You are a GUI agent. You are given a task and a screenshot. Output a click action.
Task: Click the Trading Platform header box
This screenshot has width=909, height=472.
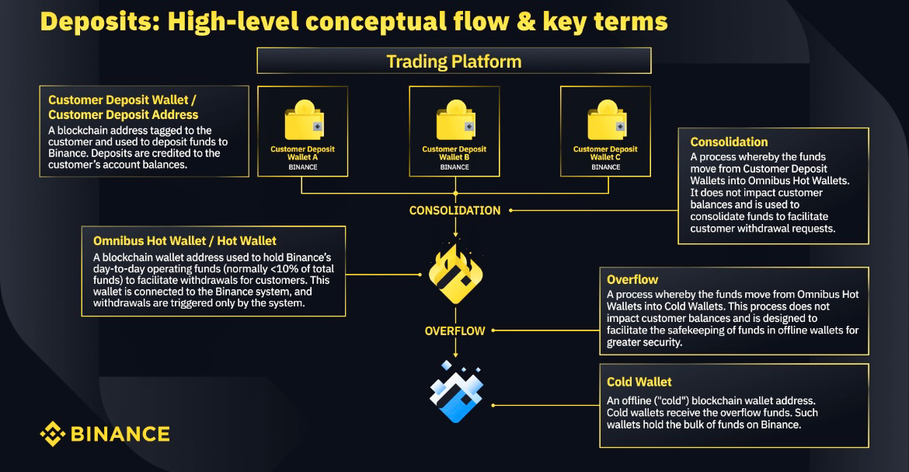click(454, 61)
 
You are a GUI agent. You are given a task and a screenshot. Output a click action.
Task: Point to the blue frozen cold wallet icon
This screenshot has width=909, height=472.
click(457, 391)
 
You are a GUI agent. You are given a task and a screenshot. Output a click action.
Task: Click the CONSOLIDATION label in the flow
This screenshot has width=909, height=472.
click(454, 210)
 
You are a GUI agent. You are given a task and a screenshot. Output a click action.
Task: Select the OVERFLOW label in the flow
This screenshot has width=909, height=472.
click(454, 331)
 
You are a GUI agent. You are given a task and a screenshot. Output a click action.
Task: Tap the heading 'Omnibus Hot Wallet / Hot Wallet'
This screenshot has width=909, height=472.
click(184, 241)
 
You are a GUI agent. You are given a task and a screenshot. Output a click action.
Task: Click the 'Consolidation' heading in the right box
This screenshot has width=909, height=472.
click(729, 142)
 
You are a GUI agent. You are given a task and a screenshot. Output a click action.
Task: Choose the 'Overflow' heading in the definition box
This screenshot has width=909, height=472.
click(632, 279)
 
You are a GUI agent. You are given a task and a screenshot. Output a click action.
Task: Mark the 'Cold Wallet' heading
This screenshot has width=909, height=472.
click(639, 382)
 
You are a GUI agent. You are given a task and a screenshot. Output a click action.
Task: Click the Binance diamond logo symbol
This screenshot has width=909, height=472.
click(53, 433)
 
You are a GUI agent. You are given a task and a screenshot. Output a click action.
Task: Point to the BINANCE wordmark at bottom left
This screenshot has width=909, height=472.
click(120, 434)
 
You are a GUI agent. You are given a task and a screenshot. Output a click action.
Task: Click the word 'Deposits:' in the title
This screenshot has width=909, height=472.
click(92, 21)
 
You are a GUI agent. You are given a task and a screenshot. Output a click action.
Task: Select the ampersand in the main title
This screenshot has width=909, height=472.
click(510, 21)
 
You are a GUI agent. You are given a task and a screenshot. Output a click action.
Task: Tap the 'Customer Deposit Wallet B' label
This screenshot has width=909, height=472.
click(454, 153)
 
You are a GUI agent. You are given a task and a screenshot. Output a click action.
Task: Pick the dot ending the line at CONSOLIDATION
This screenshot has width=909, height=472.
click(511, 210)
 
